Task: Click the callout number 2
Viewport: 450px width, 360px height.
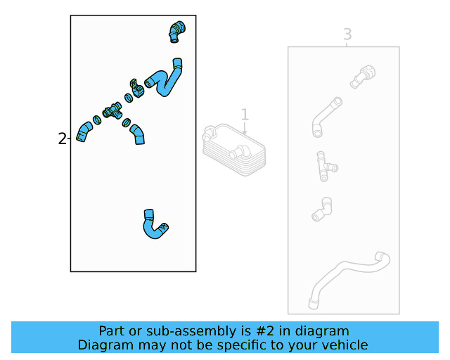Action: tap(63, 139)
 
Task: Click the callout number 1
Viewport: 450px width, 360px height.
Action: tap(245, 115)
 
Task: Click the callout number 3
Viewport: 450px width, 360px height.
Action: tap(347, 34)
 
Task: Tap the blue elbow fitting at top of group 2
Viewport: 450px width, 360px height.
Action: tap(176, 30)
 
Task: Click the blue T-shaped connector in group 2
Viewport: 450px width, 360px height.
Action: tap(111, 111)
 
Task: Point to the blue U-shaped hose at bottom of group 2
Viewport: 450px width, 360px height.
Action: tap(153, 225)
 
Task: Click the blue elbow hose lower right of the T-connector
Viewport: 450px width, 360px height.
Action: tap(138, 134)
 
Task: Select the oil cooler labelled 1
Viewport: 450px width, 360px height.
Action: tap(233, 148)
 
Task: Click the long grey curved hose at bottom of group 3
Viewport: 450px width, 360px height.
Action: tap(347, 274)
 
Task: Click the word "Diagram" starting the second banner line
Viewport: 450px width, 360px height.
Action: tap(103, 345)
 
